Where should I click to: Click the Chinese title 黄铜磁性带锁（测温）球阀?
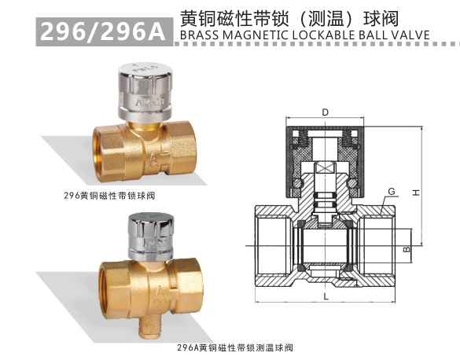pos(294,17)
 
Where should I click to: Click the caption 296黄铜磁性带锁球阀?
pos(101,193)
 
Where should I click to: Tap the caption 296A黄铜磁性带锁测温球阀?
pos(234,346)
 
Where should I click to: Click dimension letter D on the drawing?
pos(325,112)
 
